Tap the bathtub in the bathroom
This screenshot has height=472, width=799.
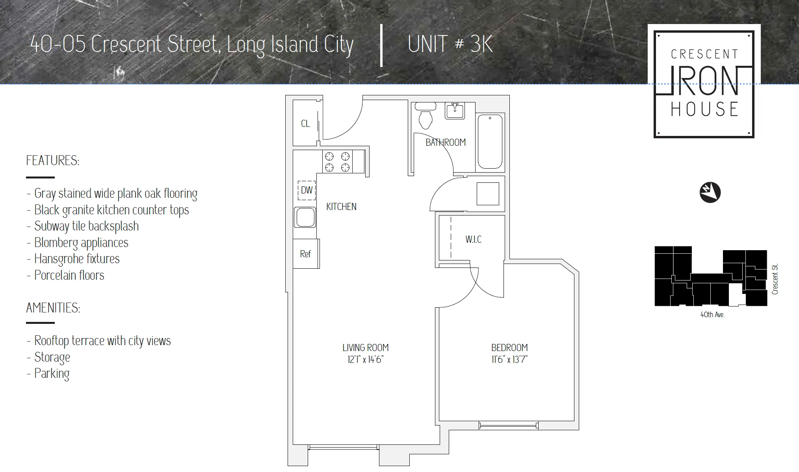pyautogui.click(x=490, y=142)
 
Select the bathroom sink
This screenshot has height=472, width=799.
pyautogui.click(x=455, y=111)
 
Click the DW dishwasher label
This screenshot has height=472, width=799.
pyautogui.click(x=307, y=190)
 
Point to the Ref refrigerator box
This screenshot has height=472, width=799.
pyautogui.click(x=306, y=254)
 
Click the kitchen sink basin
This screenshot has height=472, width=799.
pyautogui.click(x=305, y=217)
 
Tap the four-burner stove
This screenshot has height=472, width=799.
pyautogui.click(x=337, y=162)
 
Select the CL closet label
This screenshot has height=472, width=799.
pyautogui.click(x=305, y=124)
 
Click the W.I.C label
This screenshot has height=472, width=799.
pyautogui.click(x=473, y=240)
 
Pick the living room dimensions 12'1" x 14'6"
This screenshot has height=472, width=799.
pyautogui.click(x=365, y=360)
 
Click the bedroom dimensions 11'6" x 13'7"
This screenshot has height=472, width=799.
pyautogui.click(x=509, y=360)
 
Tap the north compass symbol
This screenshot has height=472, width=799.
pyautogui.click(x=710, y=193)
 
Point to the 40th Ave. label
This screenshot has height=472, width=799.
pyautogui.click(x=712, y=315)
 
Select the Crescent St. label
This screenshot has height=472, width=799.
pyautogui.click(x=775, y=279)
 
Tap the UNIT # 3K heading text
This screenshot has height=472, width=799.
pyautogui.click(x=450, y=44)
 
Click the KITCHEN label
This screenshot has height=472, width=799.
pyautogui.click(x=341, y=207)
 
